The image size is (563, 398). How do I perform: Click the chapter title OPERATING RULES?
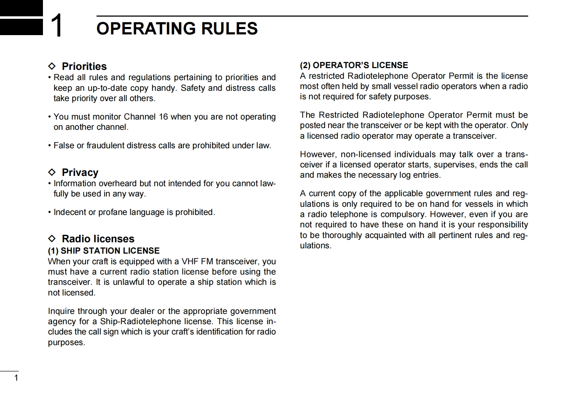177,29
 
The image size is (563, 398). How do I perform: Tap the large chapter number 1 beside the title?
56,26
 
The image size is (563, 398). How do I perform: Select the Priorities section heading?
84,66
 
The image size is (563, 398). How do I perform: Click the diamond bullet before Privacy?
52,172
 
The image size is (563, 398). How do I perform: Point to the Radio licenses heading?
98,239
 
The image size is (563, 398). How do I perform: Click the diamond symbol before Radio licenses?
52,238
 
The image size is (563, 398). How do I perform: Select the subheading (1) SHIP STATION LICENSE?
104,251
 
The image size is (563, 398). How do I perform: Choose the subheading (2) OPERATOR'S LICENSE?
354,65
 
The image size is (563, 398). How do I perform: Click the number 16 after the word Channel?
163,117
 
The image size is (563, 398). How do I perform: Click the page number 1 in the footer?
16,378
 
